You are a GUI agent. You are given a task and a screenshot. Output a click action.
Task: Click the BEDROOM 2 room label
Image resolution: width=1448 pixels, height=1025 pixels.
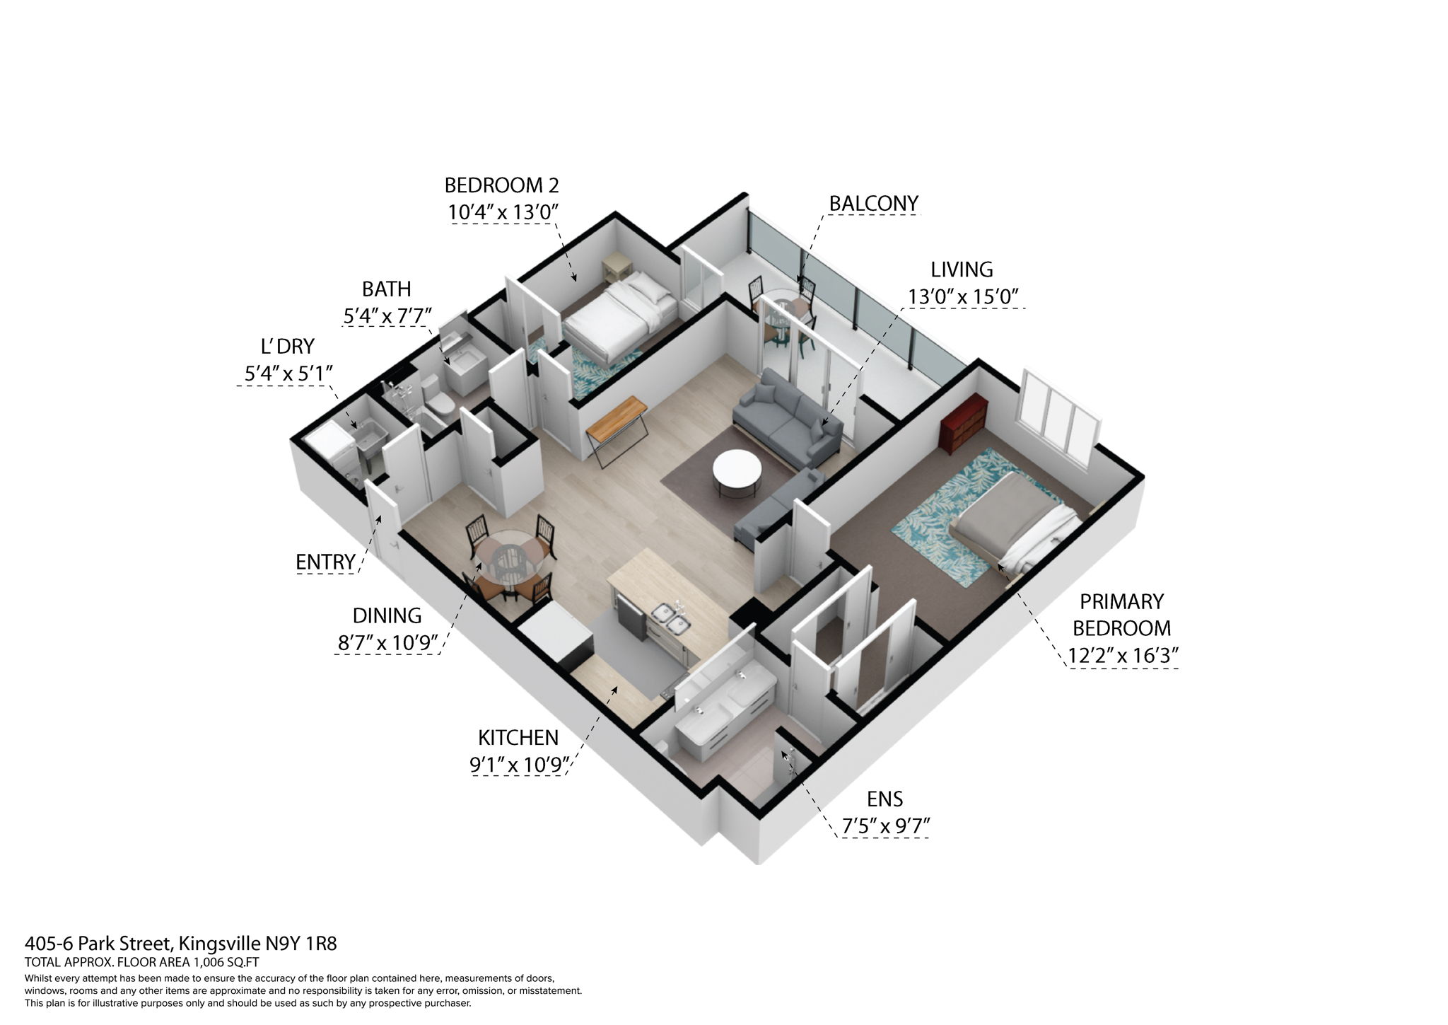tap(501, 185)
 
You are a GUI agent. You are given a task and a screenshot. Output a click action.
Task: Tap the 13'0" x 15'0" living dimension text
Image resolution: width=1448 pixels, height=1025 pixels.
tap(963, 296)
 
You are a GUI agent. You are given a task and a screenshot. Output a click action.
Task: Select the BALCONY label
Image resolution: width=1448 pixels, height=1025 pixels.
tap(873, 203)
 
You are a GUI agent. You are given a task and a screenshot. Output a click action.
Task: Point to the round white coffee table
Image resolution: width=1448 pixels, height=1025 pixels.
tap(737, 470)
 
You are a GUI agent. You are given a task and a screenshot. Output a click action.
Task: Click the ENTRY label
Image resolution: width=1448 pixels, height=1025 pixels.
tap(325, 562)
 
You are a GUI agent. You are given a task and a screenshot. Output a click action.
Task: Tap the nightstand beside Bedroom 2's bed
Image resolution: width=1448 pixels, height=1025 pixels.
tap(615, 270)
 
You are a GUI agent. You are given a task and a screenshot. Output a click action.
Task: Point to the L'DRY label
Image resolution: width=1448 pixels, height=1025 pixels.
tap(287, 347)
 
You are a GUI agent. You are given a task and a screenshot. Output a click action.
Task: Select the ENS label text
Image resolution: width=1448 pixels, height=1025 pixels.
tap(884, 799)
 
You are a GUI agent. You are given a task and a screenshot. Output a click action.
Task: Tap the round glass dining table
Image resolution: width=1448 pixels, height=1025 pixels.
tap(506, 555)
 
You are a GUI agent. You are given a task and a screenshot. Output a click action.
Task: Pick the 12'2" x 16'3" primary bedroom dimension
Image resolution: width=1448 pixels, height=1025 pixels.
tap(1122, 656)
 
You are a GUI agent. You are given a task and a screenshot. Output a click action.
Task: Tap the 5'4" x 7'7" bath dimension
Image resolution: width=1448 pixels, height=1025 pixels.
tap(387, 316)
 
